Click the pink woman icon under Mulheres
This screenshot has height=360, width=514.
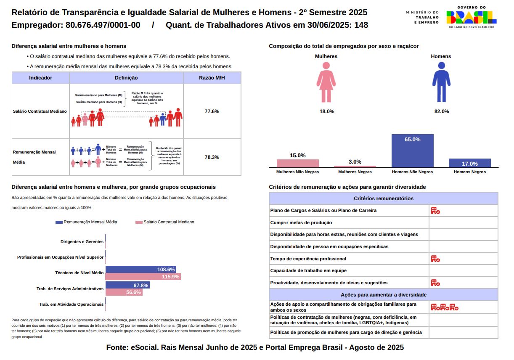(x=326, y=82)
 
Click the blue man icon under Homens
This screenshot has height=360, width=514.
(x=441, y=82)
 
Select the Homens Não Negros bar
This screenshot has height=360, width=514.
(x=412, y=151)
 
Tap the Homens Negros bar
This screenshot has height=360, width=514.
(x=469, y=163)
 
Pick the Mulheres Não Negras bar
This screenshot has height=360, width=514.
(x=297, y=163)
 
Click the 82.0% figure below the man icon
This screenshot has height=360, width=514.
(x=442, y=111)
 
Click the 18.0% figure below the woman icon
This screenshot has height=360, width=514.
(x=327, y=111)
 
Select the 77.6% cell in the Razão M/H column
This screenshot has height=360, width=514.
(x=212, y=111)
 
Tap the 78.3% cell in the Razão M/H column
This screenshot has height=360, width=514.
(x=212, y=157)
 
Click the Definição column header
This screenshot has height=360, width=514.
(x=126, y=78)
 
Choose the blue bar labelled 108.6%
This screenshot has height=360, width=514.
(x=140, y=269)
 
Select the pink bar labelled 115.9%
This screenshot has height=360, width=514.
(x=143, y=277)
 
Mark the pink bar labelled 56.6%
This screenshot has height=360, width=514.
(x=124, y=292)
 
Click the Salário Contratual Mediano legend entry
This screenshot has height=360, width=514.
(x=165, y=222)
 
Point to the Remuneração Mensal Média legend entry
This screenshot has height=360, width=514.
(x=86, y=222)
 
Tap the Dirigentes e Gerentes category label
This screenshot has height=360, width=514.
(x=82, y=242)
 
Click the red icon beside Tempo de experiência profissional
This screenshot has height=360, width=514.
(x=435, y=259)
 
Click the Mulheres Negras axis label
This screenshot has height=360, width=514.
(x=355, y=172)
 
